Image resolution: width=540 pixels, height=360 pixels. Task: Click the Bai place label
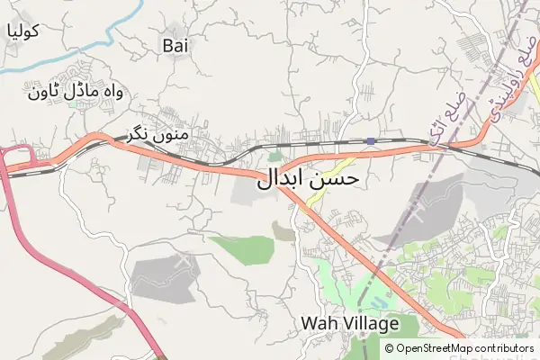point(175,43)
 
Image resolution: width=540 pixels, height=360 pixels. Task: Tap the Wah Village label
point(342,322)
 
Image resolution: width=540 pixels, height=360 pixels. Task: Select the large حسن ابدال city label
point(309,178)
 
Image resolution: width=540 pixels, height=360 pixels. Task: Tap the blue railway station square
point(371,140)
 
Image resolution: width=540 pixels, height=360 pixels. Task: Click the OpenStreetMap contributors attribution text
point(464,348)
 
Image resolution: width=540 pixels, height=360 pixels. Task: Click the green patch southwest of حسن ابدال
point(243,247)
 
